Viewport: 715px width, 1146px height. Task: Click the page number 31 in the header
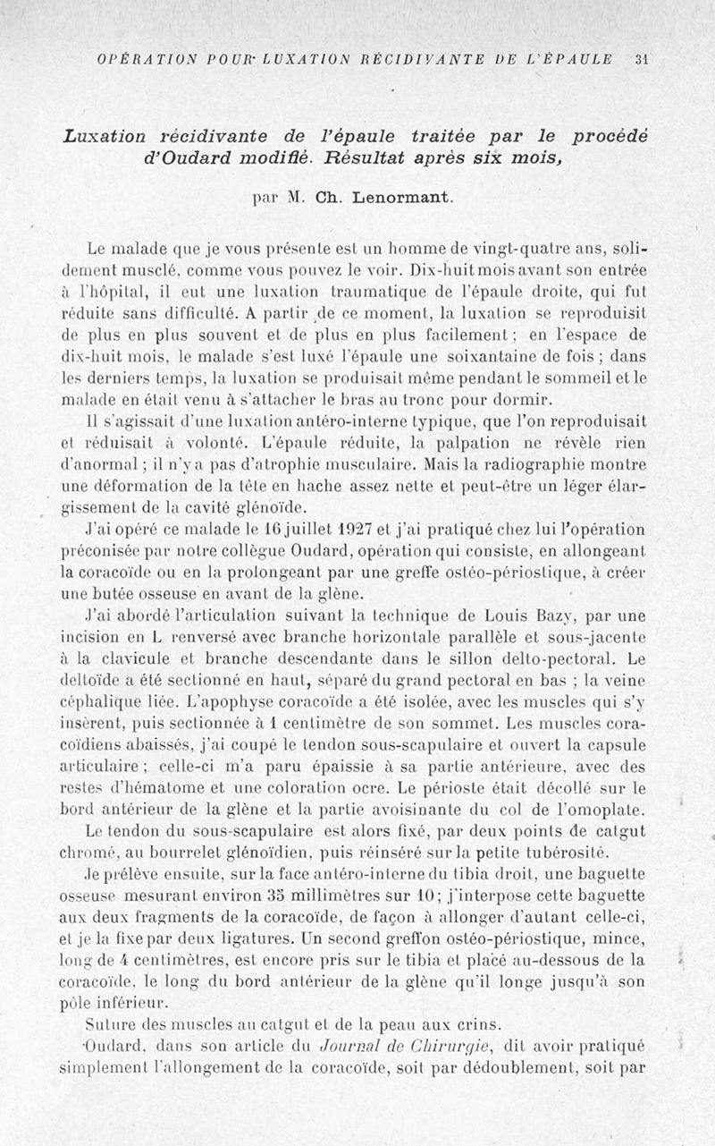pyautogui.click(x=640, y=60)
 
